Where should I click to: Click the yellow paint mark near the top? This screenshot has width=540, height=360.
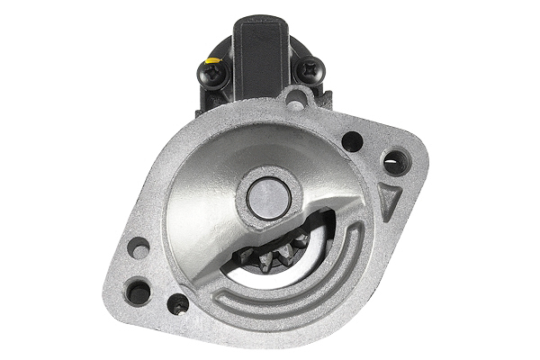click(x=211, y=61)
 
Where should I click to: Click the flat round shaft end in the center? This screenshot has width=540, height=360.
click(x=269, y=196)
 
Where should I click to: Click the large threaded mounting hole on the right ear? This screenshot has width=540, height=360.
click(x=396, y=162)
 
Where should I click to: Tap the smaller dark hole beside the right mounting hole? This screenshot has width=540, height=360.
click(x=353, y=141)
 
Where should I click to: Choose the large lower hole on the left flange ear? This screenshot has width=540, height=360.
click(x=139, y=290)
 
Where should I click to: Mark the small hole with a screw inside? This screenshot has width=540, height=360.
click(x=178, y=304)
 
